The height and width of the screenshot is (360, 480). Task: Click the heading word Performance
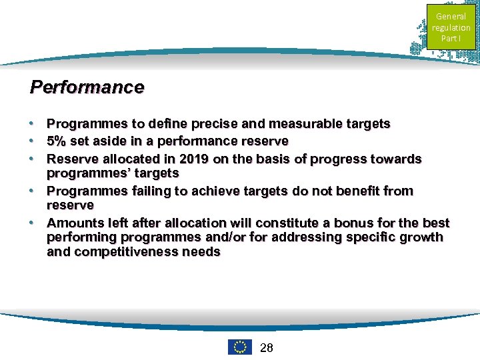pyautogui.click(x=87, y=87)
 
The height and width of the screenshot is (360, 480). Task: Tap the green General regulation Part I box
pyautogui.click(x=451, y=27)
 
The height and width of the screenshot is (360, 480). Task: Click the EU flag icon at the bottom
pyautogui.click(x=239, y=347)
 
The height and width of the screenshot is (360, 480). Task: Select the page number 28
pyautogui.click(x=266, y=347)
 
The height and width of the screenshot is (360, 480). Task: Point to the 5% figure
pyautogui.click(x=56, y=141)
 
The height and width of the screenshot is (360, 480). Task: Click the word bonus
pyautogui.click(x=340, y=223)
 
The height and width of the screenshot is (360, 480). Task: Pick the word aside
pyautogui.click(x=94, y=141)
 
